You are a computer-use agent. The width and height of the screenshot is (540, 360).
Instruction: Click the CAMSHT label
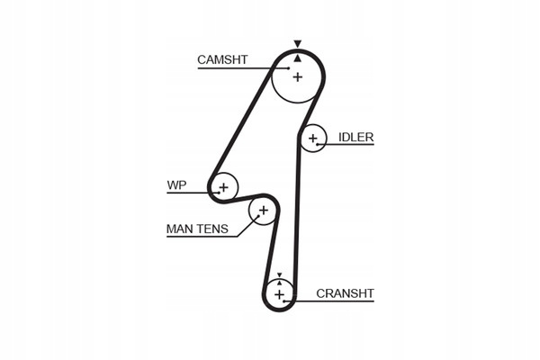tap(222, 60)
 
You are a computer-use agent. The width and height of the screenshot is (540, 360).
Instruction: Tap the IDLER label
tap(355, 138)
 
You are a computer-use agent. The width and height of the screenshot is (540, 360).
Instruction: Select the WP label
tap(175, 186)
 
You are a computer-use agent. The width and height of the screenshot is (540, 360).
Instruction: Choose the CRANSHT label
tap(345, 293)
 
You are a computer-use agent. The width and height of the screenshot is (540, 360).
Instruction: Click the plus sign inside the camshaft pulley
tap(297, 77)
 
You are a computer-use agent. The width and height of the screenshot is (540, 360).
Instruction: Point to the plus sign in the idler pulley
tap(312, 139)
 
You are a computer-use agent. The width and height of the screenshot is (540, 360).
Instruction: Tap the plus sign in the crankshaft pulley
tap(279, 294)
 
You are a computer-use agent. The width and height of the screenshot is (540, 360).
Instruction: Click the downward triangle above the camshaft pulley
tap(297, 42)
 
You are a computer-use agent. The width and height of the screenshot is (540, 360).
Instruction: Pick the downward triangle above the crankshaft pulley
tap(280, 274)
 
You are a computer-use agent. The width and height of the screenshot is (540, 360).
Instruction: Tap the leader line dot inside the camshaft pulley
tap(288, 67)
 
